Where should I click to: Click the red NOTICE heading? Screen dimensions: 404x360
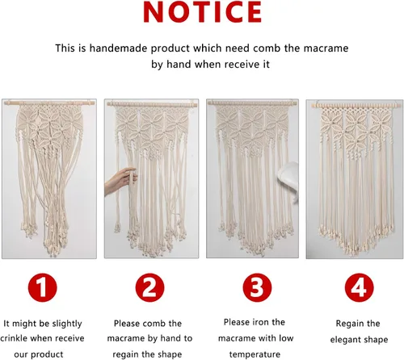click(x=203, y=12)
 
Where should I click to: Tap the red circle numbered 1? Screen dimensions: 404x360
click(x=43, y=287)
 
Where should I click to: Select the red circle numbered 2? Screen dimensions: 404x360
click(x=149, y=287)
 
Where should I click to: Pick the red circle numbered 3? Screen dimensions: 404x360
click(x=257, y=287)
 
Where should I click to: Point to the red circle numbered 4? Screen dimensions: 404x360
click(x=360, y=287)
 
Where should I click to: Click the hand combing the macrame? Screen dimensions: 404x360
click(x=120, y=181)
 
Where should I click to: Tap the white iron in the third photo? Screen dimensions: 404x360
click(x=288, y=179)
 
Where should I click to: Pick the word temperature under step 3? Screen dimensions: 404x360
click(x=255, y=354)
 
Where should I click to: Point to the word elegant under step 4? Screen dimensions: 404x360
click(x=345, y=340)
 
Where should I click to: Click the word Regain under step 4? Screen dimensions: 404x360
click(x=349, y=324)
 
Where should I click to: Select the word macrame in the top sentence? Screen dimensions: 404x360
click(x=326, y=48)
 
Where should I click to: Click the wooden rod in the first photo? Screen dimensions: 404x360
click(x=49, y=103)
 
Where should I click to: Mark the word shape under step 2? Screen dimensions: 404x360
click(x=170, y=354)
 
